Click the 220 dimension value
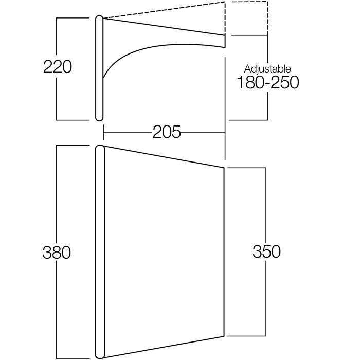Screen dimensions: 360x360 coord(58,67)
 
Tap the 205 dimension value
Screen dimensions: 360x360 coord(167,132)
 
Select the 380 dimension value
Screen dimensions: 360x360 coord(57,253)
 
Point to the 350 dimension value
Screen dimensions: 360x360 coord(266,251)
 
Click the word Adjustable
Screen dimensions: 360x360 coord(267,69)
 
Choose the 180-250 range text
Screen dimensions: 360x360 coord(268,82)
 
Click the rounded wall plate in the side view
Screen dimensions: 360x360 coord(99,68)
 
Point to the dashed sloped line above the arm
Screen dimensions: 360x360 coord(164,10)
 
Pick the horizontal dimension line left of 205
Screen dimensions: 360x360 coord(128,133)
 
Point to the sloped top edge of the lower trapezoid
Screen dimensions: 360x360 coord(164,157)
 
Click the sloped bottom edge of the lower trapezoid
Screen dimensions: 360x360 coord(164,347)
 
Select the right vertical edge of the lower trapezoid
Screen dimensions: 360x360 coord(224,252)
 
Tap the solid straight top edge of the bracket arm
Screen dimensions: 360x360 coord(164,27)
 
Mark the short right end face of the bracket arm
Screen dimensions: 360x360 coord(225,41)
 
